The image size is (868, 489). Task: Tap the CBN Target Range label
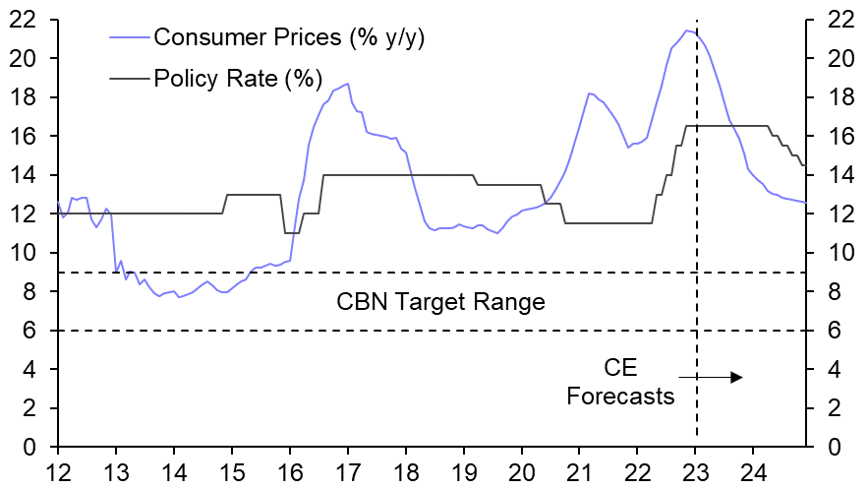click(440, 301)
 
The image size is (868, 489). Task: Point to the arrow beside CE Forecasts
click(710, 377)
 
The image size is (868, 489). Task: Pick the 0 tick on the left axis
click(33, 448)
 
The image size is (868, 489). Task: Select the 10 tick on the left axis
click(28, 253)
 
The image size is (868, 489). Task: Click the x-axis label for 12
click(58, 469)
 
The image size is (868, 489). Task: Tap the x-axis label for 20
click(522, 469)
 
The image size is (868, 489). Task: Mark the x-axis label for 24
click(754, 469)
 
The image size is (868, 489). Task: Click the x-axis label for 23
click(696, 469)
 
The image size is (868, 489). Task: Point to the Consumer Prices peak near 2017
click(347, 84)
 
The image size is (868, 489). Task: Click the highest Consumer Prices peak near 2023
click(686, 31)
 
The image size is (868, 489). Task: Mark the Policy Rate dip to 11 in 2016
click(291, 233)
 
